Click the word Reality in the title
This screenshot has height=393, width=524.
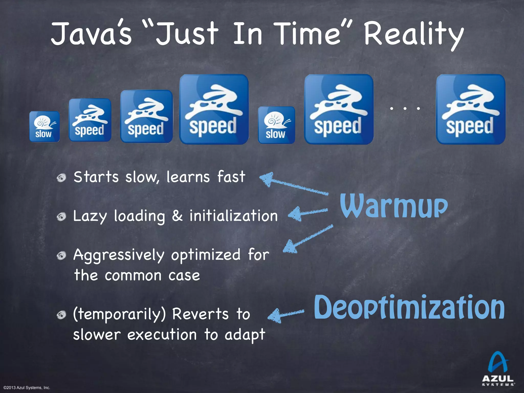[x=413, y=35]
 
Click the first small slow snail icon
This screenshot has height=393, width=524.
[x=44, y=126]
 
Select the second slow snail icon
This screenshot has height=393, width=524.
[x=276, y=125]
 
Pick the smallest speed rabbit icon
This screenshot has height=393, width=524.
[x=90, y=120]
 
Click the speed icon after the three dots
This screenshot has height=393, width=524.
[x=471, y=109]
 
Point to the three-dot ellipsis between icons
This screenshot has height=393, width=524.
[x=405, y=108]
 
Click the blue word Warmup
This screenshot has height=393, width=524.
[x=394, y=206]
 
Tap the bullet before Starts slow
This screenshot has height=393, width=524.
[x=61, y=178]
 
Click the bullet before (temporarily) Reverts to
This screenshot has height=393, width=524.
[x=61, y=315]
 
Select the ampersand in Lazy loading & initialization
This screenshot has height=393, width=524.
[x=177, y=216]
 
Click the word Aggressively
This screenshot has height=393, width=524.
[x=119, y=255]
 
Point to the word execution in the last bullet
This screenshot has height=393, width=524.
[x=162, y=335]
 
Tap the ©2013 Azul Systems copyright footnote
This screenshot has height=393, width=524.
[x=27, y=388]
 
